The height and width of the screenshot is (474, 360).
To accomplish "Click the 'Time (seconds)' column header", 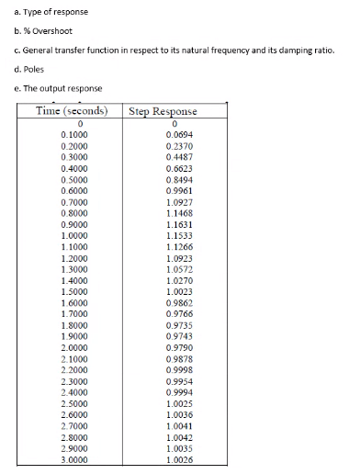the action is tap(70, 111).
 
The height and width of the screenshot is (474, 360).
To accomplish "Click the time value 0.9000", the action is tap(73, 224).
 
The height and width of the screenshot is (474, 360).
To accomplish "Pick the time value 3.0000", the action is tap(73, 458).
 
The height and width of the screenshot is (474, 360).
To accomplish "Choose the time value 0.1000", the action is tap(73, 135).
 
